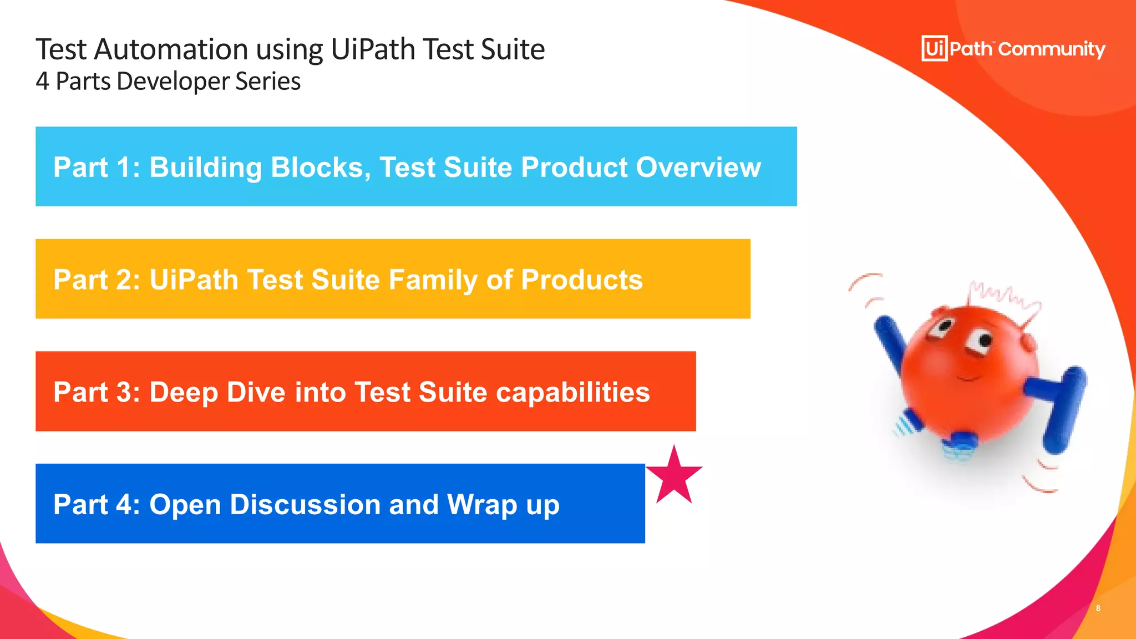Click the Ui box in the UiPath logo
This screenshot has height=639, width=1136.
coord(934,49)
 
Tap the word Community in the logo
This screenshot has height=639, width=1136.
coord(1052,49)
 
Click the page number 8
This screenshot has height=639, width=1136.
coord(1098,608)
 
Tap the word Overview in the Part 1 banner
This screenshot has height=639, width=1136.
coord(698,167)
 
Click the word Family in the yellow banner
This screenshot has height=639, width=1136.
coord(433,280)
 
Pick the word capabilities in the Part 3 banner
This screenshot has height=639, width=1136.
coord(572,392)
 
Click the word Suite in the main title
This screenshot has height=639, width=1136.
coord(513,49)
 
